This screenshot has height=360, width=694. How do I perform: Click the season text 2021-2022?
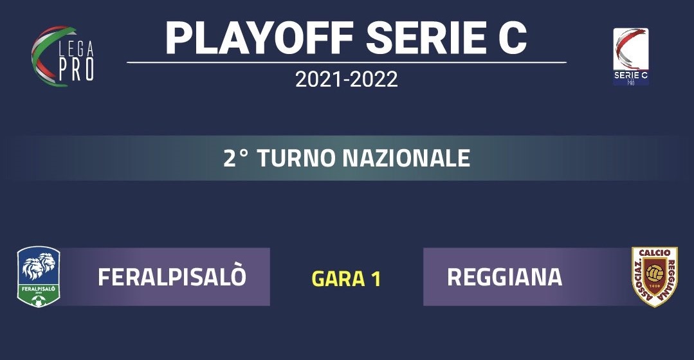point(347,80)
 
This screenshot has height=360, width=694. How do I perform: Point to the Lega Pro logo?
point(62,56)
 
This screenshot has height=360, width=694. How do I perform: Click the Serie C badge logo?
point(631,56)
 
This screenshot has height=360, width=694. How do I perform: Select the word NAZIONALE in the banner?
point(406,158)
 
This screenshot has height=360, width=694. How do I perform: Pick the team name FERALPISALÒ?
point(172,277)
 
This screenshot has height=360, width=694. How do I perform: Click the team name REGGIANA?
point(504,277)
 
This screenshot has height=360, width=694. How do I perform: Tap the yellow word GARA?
point(338,278)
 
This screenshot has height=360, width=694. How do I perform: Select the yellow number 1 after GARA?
point(376,278)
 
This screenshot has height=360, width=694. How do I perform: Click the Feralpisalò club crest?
point(39,276)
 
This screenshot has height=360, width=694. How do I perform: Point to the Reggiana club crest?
point(655,276)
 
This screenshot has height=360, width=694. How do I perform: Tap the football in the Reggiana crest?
point(655,273)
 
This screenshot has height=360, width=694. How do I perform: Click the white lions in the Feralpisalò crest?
point(39,267)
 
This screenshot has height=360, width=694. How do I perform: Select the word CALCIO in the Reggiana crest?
point(655,253)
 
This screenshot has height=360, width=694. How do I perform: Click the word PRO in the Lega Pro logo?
point(76,69)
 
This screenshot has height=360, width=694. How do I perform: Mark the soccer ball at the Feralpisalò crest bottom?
point(39,301)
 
